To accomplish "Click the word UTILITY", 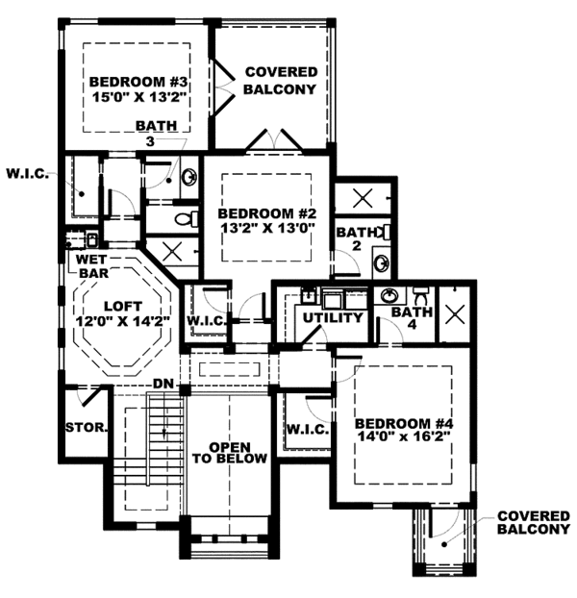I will tap(333, 318).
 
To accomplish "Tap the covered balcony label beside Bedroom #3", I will tap(280, 81).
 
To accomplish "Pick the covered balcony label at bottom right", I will tap(534, 522).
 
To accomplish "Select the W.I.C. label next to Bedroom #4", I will tap(305, 427).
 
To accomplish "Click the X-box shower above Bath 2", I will tap(364, 198).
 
